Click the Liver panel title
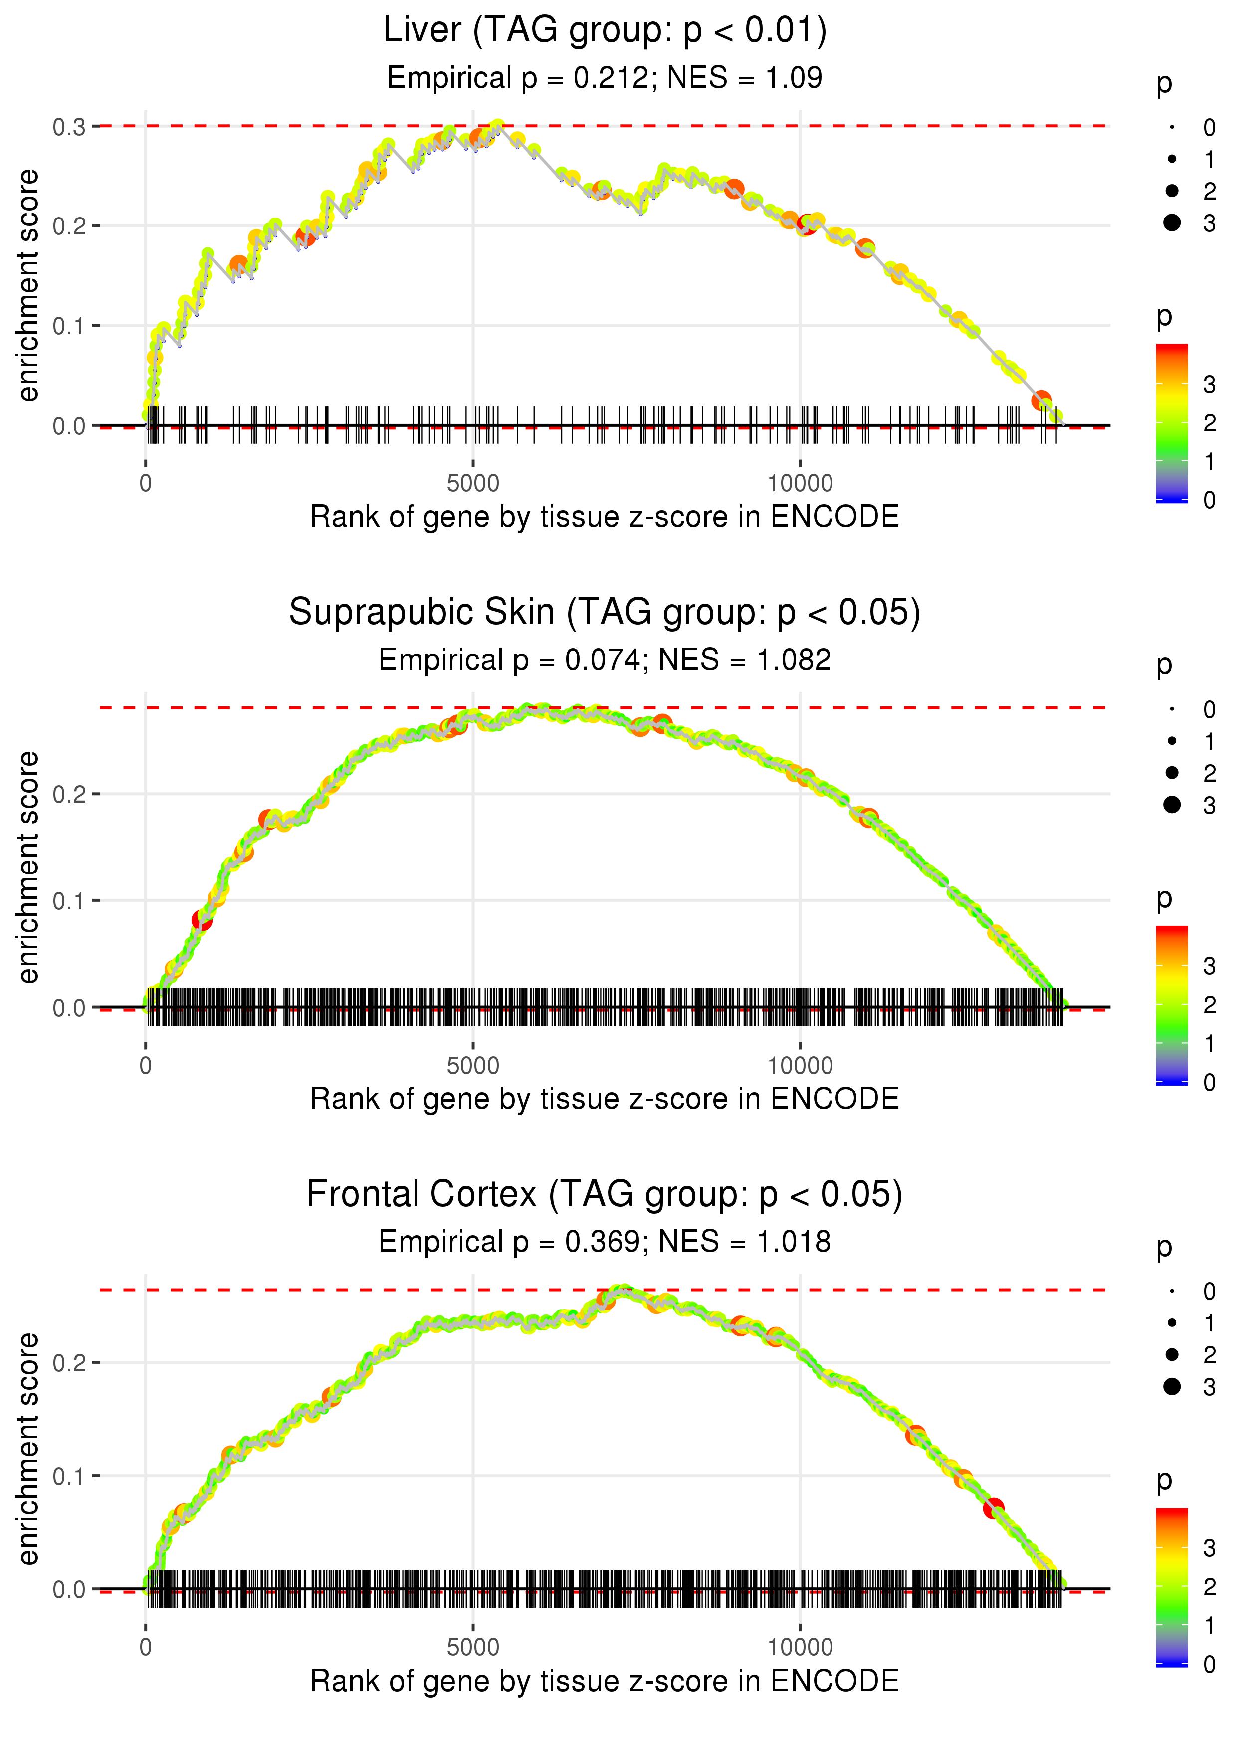[x=605, y=31]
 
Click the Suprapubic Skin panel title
[x=605, y=613]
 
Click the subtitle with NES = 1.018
[x=605, y=1242]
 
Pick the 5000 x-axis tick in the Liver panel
[x=473, y=484]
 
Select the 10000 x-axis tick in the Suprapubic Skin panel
[x=800, y=1066]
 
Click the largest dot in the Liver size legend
[x=1172, y=222]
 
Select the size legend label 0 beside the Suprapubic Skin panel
[x=1210, y=709]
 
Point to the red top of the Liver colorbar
[x=1172, y=349]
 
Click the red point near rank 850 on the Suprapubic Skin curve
[x=202, y=920]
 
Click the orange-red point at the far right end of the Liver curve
[x=1041, y=400]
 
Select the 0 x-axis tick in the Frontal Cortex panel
[x=146, y=1648]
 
